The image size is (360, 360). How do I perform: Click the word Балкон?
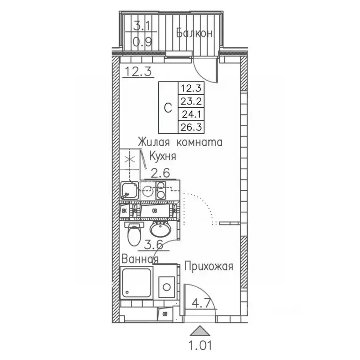[195, 33]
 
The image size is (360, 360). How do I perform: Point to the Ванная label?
[140, 259]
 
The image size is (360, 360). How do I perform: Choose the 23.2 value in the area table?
[190, 100]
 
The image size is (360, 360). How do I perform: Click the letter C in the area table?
[168, 107]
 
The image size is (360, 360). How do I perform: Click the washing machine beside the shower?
[165, 285]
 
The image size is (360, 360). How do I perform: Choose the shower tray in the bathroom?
[136, 283]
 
